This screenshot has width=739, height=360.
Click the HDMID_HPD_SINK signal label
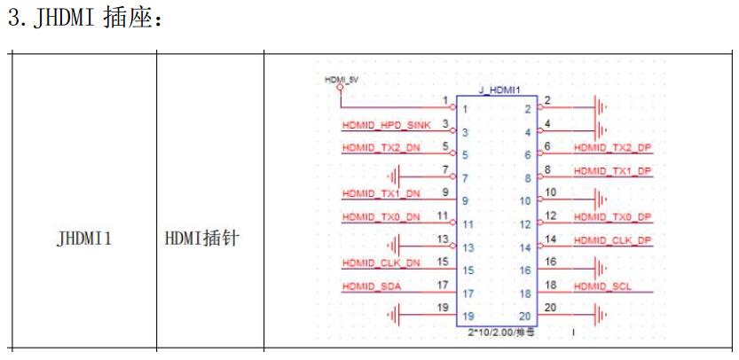coord(386,124)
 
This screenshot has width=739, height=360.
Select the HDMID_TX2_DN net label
coord(382,147)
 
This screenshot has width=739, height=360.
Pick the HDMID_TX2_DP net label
coord(612,147)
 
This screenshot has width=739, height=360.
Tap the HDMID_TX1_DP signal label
coord(612,170)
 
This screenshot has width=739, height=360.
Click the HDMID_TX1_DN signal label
coord(382,193)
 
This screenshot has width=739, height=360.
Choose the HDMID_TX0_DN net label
coord(382,216)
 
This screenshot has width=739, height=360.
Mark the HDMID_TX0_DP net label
coord(612,216)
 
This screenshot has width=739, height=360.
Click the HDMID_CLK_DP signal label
coord(612,239)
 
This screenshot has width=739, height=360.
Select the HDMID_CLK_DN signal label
coord(382,262)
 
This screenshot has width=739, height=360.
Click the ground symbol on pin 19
coord(396,313)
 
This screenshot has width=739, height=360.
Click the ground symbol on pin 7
coord(396,175)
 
